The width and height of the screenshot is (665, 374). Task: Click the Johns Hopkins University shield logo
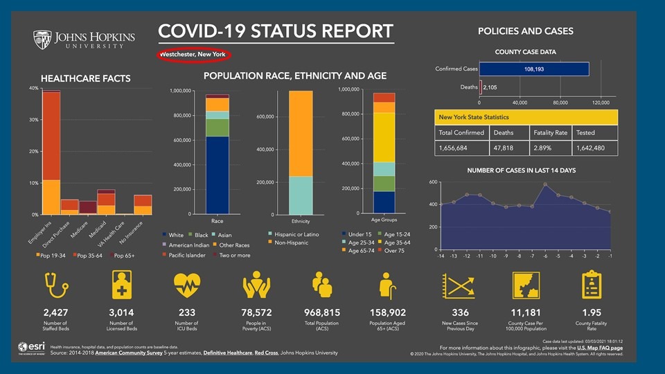(42, 39)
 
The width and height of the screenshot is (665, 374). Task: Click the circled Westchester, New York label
(193, 54)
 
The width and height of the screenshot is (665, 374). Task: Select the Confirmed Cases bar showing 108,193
(533, 69)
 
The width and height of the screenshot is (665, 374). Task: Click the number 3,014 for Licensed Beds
(121, 312)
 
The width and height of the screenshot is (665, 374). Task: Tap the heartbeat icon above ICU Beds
(187, 284)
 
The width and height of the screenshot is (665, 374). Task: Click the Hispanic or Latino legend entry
(296, 235)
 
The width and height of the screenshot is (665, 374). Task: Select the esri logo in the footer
(30, 348)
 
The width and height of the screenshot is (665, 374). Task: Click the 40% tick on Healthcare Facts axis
(33, 89)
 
